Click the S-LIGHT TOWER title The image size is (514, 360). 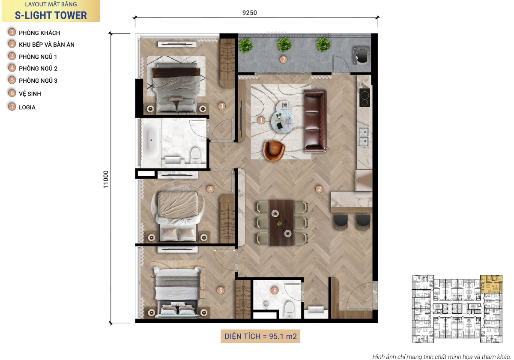[51, 15]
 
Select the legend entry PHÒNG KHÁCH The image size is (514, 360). [39, 33]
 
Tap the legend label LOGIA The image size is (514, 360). [27, 108]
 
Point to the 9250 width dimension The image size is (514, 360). [250, 12]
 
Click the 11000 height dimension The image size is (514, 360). [105, 180]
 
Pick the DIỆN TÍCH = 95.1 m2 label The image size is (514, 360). [260, 336]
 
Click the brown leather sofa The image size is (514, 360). [315, 121]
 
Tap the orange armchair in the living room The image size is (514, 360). [274, 151]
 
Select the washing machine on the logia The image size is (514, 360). [361, 56]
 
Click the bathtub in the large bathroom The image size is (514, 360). [151, 140]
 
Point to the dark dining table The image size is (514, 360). [281, 223]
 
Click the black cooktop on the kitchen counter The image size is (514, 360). [365, 97]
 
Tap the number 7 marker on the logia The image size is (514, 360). [284, 60]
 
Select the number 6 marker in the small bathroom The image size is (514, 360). [275, 291]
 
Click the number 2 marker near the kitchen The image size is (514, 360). [319, 189]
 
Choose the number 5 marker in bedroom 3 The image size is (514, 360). [221, 291]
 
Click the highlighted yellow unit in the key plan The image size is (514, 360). [491, 284]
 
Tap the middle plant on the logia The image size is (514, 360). [284, 44]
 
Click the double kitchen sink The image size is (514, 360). [364, 137]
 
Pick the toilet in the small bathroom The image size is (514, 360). [289, 309]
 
